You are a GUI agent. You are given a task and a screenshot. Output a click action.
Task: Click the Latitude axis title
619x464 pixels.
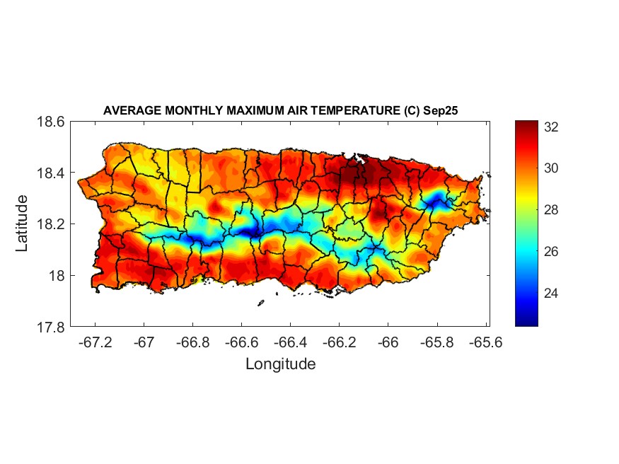[23, 224]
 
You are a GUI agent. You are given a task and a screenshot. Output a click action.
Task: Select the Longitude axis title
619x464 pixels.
[280, 364]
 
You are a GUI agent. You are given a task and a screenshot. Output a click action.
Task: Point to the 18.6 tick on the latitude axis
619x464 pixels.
[51, 122]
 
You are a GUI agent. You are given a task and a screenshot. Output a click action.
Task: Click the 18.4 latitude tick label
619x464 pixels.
[51, 173]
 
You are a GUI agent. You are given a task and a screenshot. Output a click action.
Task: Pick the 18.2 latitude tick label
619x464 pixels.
[51, 224]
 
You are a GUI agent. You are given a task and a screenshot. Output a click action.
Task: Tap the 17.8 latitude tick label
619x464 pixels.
[51, 327]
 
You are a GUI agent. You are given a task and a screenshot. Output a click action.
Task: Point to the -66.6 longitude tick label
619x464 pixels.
[241, 342]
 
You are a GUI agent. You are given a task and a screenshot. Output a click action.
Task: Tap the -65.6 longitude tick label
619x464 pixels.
[485, 342]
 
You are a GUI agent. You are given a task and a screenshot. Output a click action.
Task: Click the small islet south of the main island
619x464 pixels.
[260, 303]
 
